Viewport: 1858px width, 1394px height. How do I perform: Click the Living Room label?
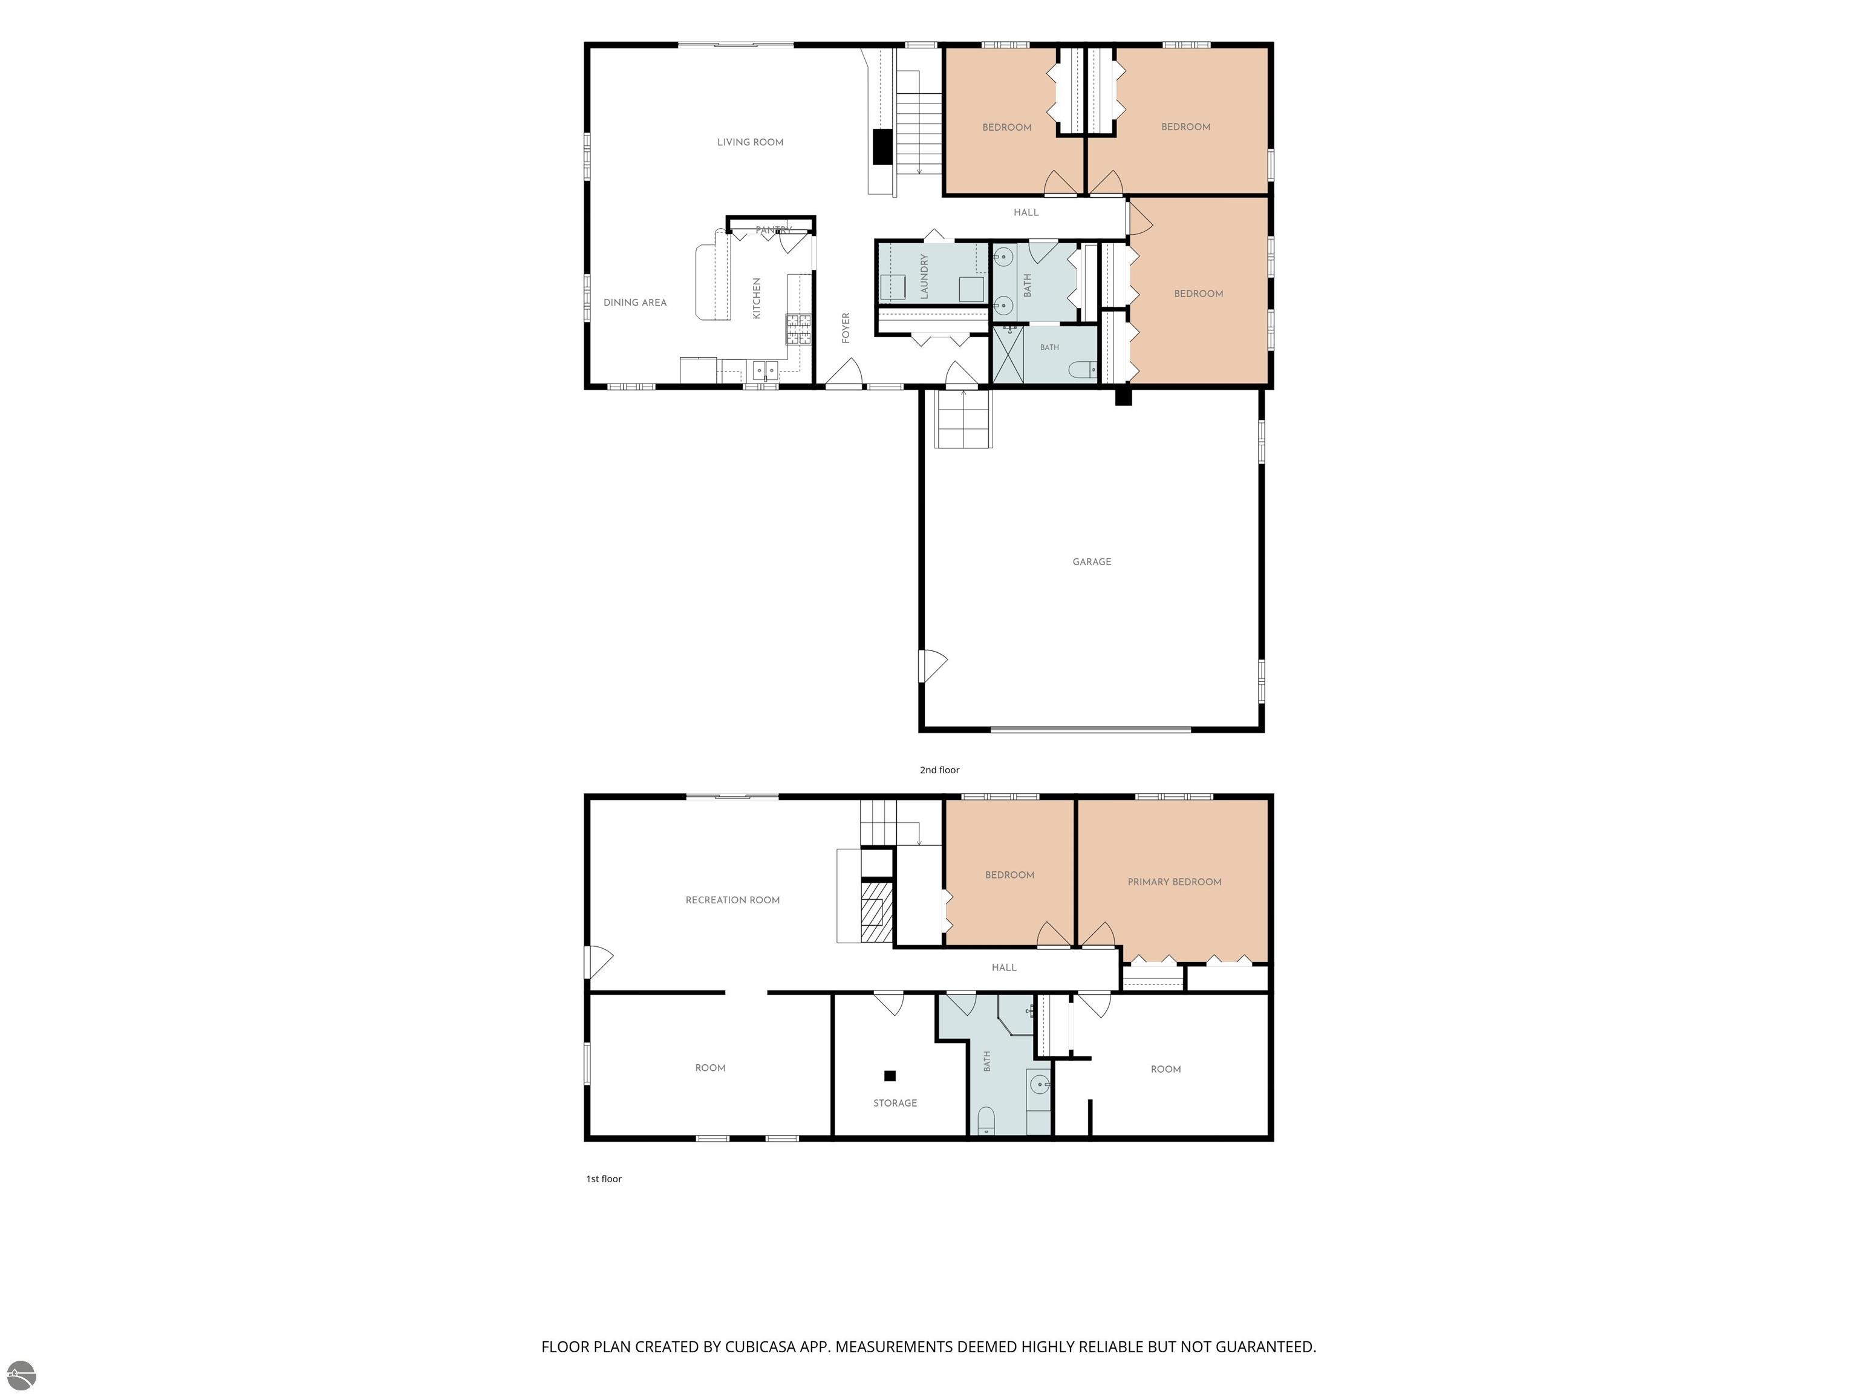click(x=750, y=142)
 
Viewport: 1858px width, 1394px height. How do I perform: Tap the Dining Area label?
click(x=635, y=303)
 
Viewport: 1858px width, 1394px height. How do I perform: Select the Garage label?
click(x=1092, y=561)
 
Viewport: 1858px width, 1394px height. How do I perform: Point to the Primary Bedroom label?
click(x=1175, y=882)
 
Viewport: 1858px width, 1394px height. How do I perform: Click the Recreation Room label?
click(x=732, y=900)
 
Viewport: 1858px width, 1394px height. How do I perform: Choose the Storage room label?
click(x=895, y=1102)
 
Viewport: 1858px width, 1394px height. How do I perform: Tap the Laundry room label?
click(x=924, y=277)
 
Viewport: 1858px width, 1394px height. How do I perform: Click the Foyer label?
click(x=846, y=328)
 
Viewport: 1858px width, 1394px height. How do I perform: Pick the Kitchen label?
click(x=756, y=298)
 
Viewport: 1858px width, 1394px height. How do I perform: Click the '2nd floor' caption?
click(x=939, y=770)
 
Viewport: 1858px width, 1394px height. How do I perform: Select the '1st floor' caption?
click(x=604, y=1179)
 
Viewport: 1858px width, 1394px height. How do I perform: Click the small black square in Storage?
click(x=890, y=1076)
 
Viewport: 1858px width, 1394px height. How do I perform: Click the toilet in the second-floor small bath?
click(x=1084, y=369)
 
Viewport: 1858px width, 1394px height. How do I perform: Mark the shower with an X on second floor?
click(x=1008, y=355)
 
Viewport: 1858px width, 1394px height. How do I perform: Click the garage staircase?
click(x=964, y=419)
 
